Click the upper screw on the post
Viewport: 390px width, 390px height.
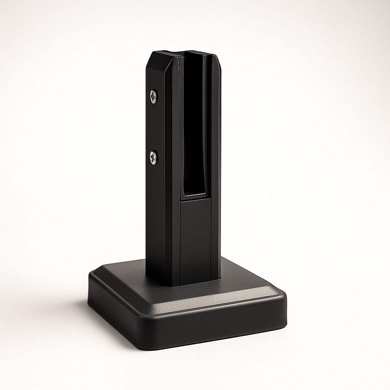[x=153, y=96]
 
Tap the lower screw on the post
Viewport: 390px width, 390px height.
[x=153, y=158]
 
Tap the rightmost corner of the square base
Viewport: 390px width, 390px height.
[x=285, y=301]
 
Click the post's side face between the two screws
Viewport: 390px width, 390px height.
[x=154, y=128]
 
